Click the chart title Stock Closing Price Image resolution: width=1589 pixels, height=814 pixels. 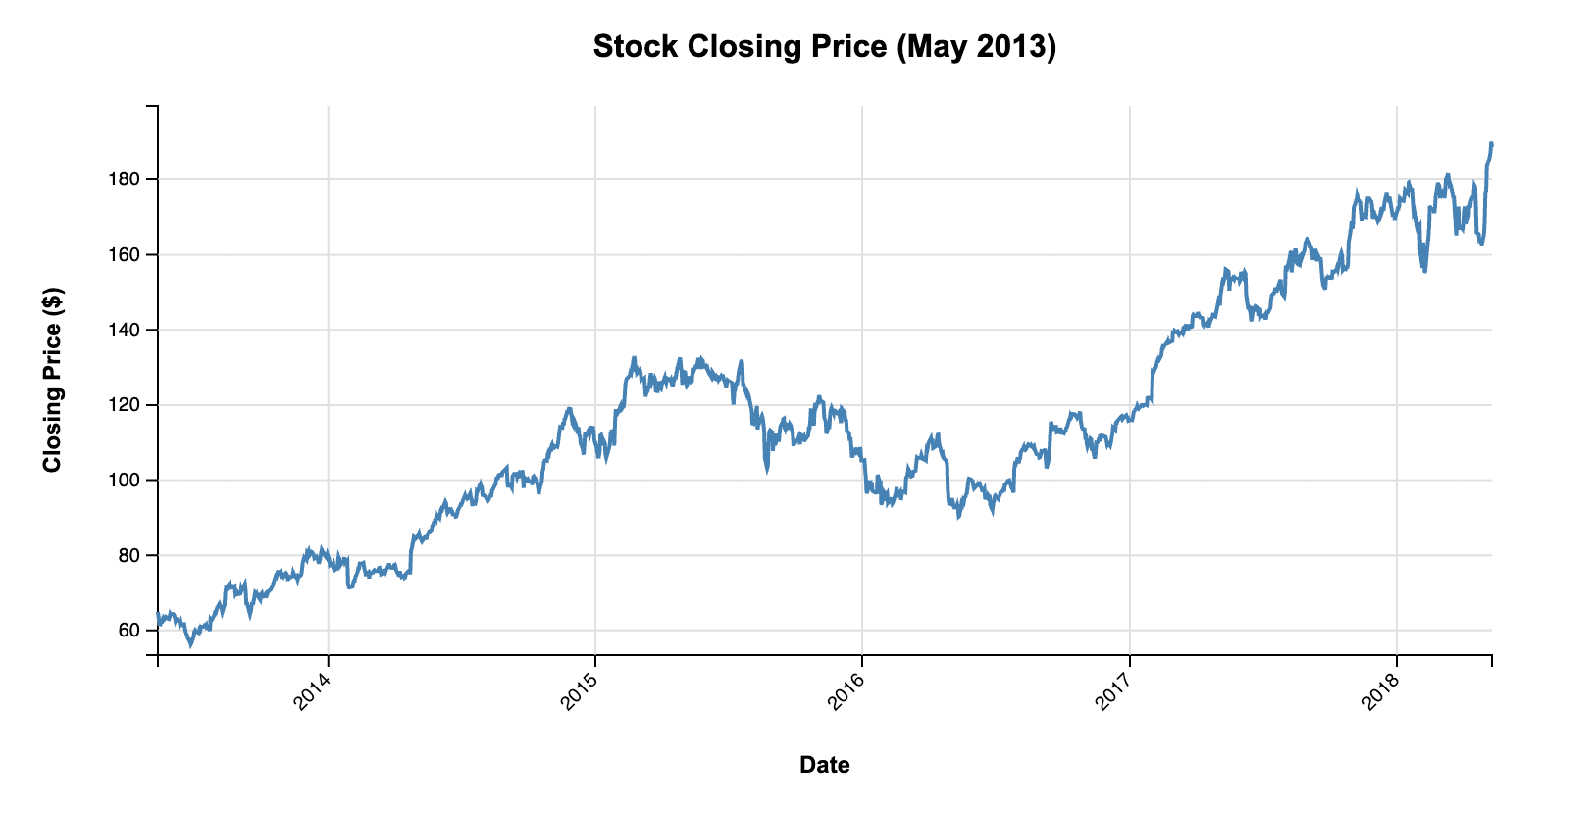click(824, 46)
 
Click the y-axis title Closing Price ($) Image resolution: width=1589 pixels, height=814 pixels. click(52, 380)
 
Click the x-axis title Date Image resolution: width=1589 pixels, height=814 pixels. click(824, 765)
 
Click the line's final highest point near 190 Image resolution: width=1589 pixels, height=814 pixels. click(1491, 143)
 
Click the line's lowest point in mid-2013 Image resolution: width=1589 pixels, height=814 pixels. click(191, 645)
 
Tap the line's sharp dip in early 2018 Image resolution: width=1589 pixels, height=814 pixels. click(1423, 271)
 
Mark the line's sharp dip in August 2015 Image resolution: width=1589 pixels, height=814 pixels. click(766, 470)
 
